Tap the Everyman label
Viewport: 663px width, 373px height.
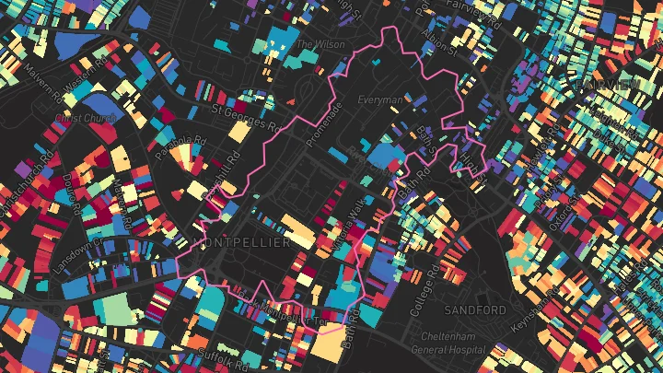point(380,99)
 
